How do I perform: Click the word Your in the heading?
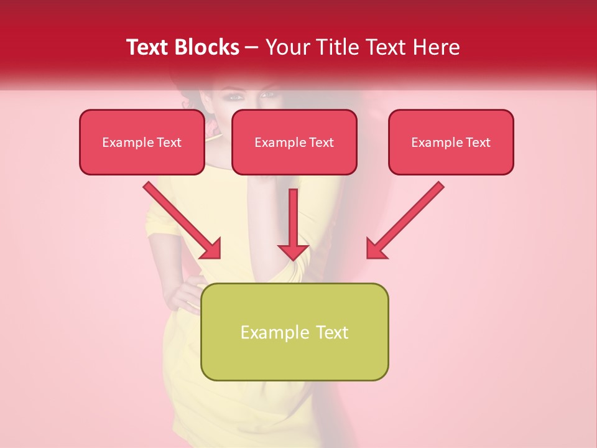(289, 47)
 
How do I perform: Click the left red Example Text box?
(142, 142)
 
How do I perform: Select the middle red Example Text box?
(294, 142)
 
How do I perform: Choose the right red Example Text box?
(451, 142)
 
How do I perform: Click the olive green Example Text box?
(295, 332)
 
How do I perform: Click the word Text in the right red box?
(478, 142)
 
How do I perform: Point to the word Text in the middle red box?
(321, 142)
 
